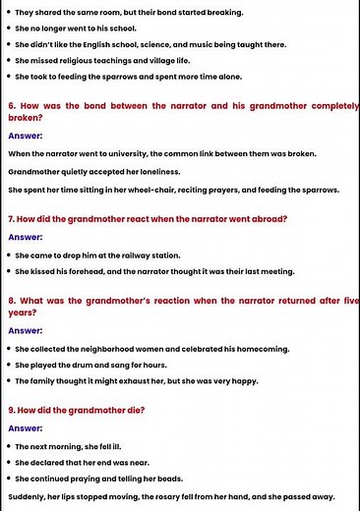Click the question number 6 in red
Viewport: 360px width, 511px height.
point(11,102)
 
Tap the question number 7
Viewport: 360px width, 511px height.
point(11,219)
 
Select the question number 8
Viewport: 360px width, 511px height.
point(11,300)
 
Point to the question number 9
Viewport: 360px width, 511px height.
point(11,411)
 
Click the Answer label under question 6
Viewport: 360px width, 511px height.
point(26,136)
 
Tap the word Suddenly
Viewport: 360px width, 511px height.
point(28,496)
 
